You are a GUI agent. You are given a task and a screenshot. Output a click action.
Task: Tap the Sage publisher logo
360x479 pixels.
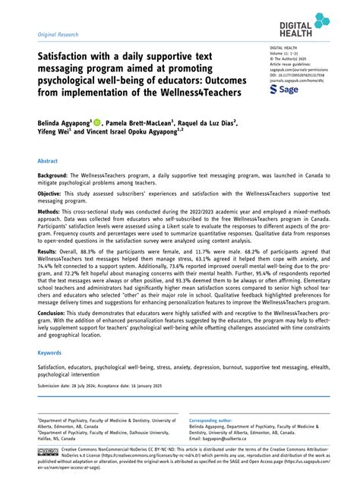tap(286, 90)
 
